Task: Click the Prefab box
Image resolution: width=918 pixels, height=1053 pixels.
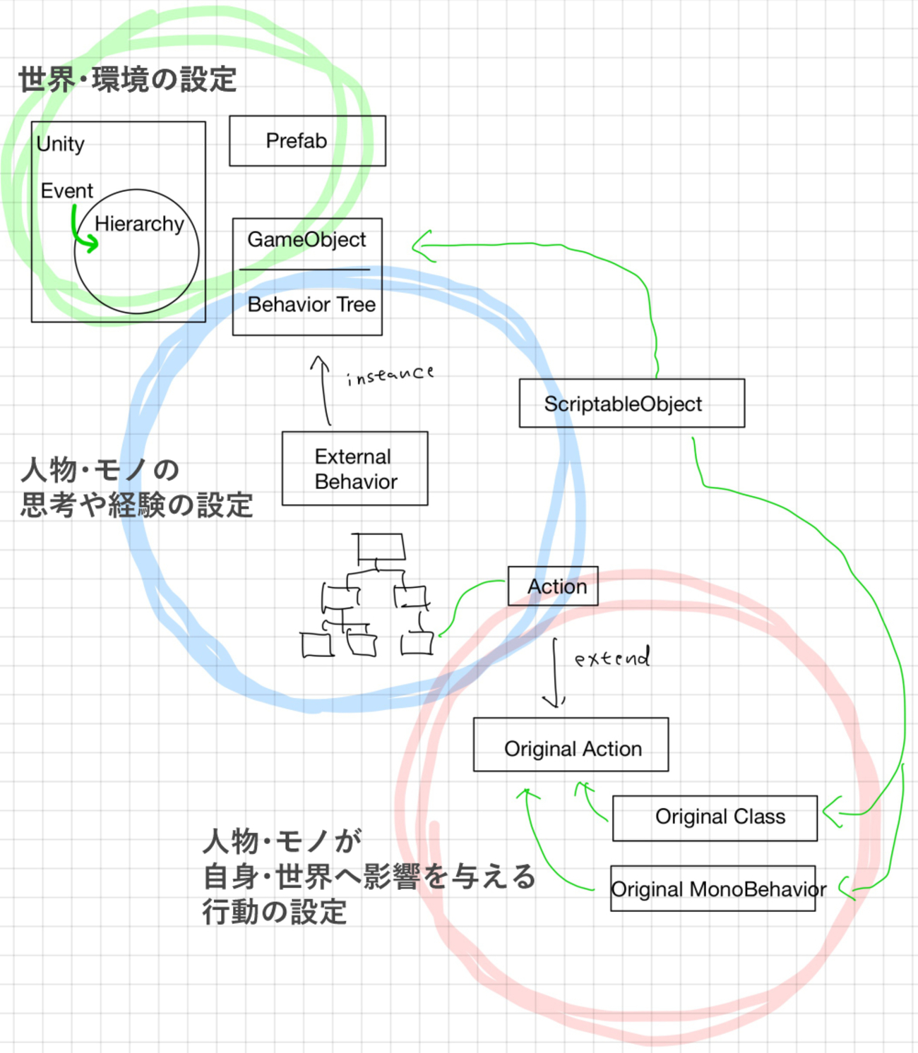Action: tap(307, 141)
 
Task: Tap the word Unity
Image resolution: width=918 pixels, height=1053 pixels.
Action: tap(61, 144)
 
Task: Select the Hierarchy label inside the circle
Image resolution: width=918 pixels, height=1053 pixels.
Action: tap(139, 224)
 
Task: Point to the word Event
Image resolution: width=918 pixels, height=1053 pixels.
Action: tap(66, 191)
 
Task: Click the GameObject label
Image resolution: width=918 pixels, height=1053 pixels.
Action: tap(306, 240)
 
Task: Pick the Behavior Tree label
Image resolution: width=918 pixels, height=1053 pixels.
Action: tap(311, 305)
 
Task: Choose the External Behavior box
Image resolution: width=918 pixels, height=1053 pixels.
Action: tap(354, 469)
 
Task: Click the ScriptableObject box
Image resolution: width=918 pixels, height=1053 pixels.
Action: tap(631, 404)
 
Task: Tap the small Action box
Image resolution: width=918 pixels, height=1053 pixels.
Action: tap(553, 586)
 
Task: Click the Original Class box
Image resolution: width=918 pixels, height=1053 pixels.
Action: tap(715, 818)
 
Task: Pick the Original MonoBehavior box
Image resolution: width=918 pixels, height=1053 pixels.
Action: tap(713, 889)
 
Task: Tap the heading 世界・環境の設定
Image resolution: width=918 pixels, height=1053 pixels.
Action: tap(127, 80)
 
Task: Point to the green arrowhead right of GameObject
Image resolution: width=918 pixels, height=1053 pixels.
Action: tap(422, 246)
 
